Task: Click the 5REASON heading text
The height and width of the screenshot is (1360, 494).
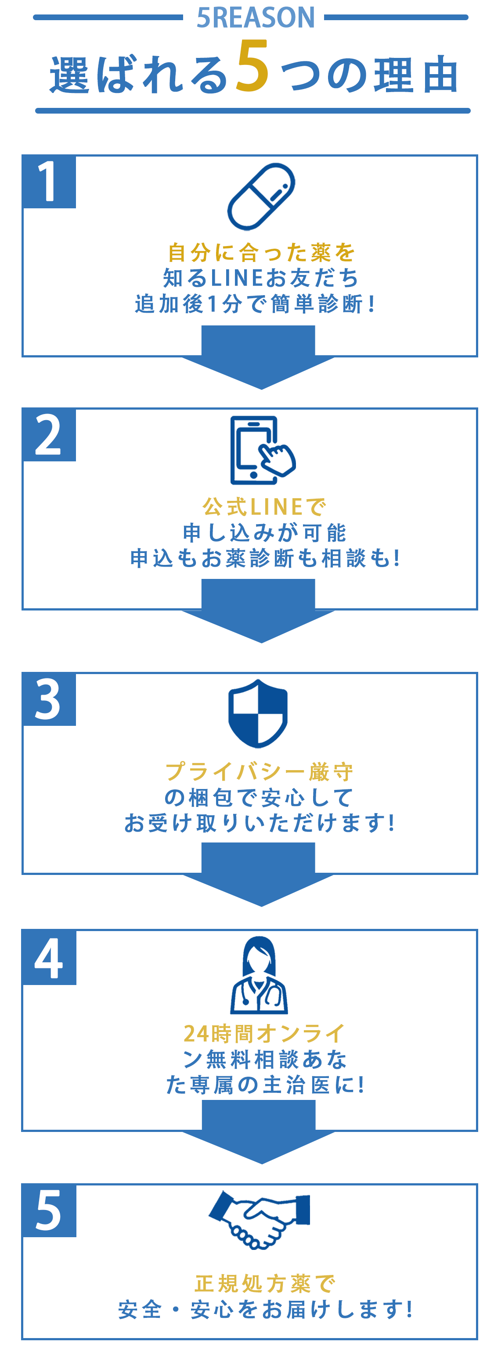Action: [256, 18]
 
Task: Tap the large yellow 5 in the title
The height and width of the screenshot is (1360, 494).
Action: [252, 67]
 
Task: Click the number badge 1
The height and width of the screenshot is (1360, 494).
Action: [49, 182]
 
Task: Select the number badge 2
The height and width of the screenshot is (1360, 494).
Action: [49, 435]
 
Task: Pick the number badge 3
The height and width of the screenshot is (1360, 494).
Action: [49, 699]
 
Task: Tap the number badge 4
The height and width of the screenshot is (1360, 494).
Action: [49, 958]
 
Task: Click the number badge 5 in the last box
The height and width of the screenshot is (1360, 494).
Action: [49, 1210]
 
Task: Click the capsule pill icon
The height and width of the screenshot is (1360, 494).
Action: [261, 196]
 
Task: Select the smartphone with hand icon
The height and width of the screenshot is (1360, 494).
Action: [261, 450]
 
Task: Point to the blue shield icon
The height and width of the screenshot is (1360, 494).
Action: [258, 713]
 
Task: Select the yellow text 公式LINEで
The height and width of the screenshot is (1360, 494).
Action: [264, 507]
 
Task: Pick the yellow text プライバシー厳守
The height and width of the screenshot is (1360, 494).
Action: [259, 772]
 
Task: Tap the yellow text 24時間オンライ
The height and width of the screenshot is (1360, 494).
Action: [264, 1034]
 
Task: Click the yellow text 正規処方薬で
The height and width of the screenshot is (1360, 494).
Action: [265, 1283]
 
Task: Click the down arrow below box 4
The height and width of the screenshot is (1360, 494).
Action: [258, 1133]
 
